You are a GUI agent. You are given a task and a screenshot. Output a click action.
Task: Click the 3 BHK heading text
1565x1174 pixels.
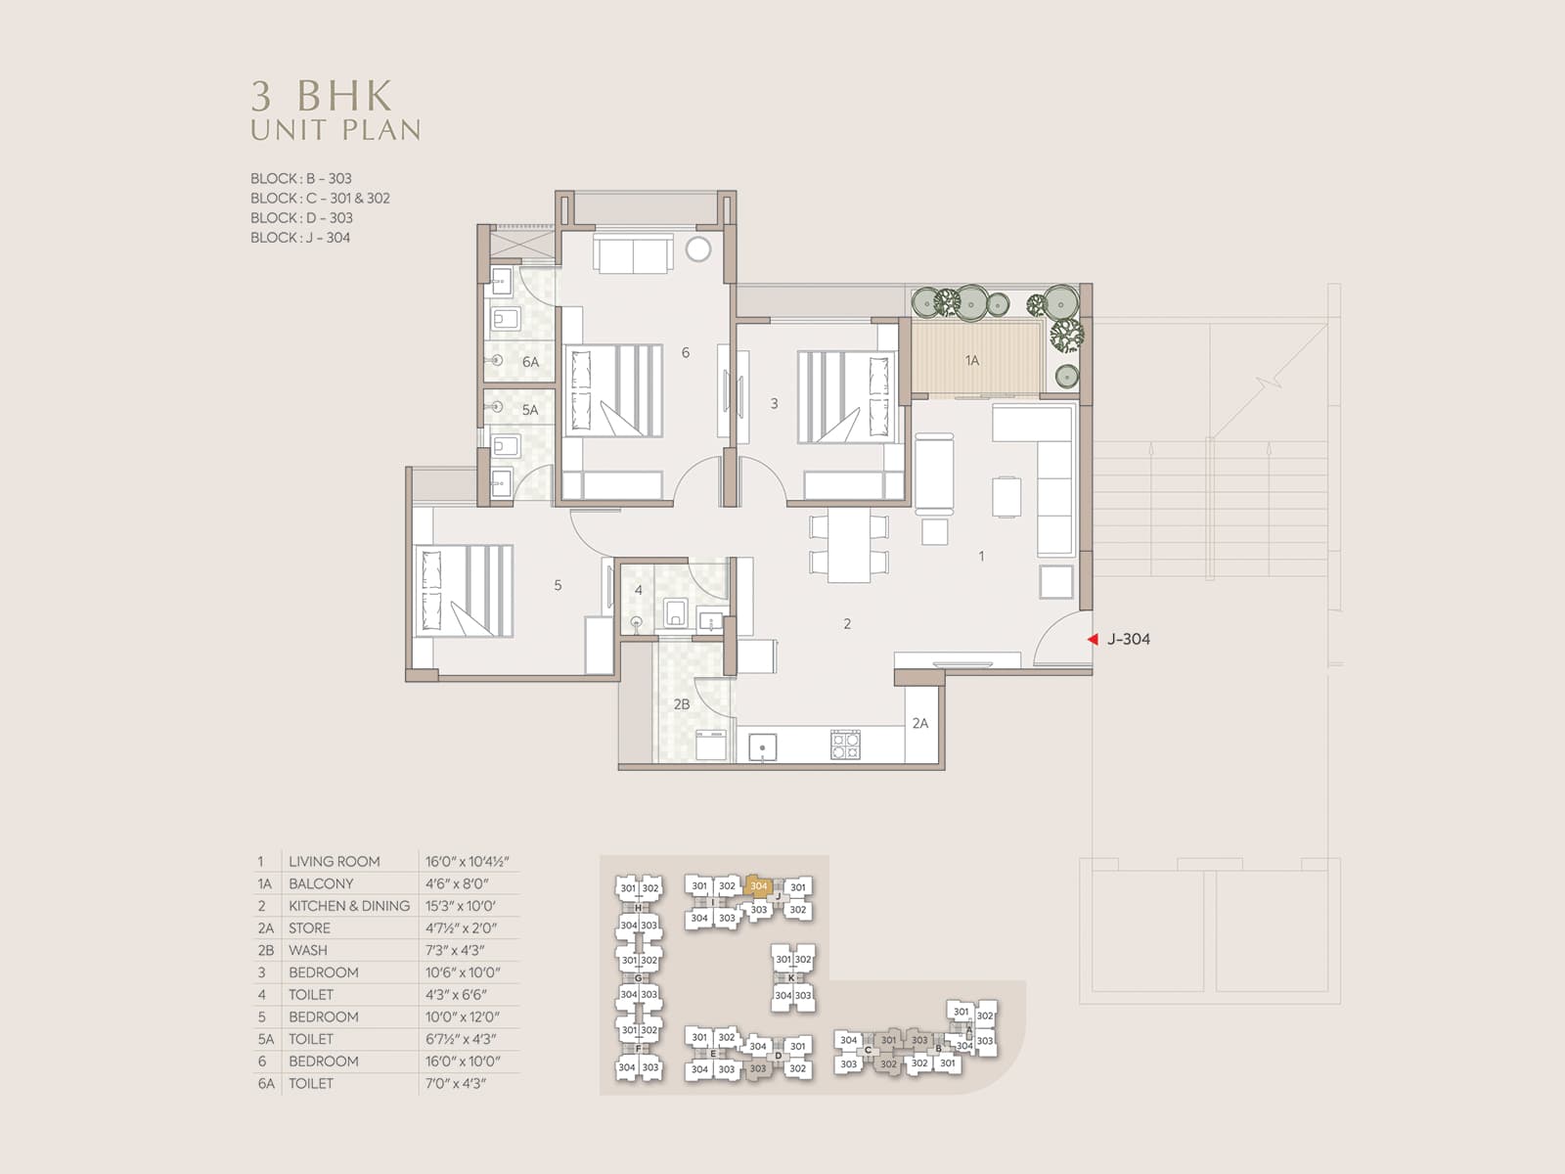322,96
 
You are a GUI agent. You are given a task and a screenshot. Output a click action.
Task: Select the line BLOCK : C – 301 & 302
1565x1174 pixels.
320,199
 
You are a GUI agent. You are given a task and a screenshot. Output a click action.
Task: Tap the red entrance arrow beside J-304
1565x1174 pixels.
1093,640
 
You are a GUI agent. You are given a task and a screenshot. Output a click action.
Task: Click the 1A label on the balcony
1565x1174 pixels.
972,361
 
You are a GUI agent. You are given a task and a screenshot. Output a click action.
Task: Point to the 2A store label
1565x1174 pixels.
920,724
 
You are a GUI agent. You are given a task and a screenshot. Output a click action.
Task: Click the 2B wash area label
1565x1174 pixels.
682,704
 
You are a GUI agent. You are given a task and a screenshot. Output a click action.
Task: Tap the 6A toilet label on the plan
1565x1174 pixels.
530,362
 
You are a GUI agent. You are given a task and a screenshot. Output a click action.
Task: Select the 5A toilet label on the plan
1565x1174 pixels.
530,410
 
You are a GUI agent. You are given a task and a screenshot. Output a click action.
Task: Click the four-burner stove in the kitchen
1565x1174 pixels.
846,745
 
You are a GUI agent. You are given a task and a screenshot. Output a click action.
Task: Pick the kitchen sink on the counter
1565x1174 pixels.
763,747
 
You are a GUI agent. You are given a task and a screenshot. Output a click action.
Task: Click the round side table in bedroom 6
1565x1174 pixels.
698,249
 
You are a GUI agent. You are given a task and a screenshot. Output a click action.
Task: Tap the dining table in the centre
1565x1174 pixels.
849,545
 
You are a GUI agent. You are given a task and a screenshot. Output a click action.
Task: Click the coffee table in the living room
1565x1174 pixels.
1006,497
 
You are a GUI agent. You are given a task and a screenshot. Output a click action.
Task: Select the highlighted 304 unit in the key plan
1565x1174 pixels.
758,886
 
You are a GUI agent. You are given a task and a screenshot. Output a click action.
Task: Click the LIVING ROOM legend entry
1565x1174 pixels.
335,862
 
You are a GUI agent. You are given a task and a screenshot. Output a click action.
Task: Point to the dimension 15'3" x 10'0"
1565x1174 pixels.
461,906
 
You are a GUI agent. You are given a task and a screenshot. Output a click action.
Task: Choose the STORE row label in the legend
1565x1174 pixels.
309,928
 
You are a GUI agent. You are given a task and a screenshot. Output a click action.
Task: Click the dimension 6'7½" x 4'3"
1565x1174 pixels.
462,1039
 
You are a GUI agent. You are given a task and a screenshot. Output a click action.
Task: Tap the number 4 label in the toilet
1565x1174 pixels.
638,590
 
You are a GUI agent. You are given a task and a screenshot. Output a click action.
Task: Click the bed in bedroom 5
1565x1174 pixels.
464,591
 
